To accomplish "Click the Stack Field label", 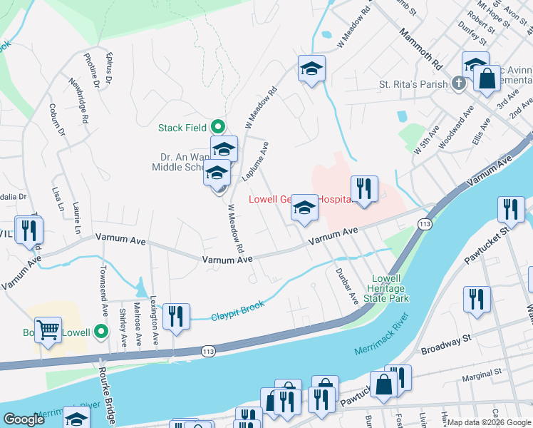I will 182,128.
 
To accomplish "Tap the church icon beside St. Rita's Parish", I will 458,84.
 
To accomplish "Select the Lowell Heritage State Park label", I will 389,288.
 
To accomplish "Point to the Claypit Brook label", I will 238,310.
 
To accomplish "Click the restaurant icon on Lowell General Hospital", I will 364,189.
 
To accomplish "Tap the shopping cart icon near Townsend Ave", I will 48,330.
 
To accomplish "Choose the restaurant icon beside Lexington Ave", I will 176,316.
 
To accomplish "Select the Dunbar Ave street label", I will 346,286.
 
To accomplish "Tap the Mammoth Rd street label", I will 420,49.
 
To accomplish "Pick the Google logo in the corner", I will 24,419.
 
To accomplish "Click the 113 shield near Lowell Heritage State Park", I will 425,224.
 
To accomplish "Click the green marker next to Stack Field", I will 217,127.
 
